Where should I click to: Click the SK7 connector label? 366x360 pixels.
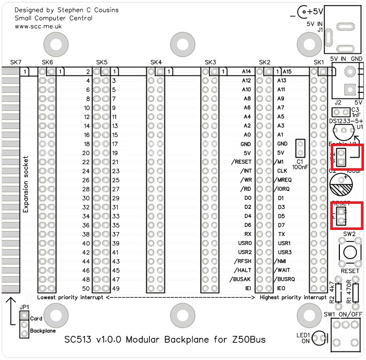16,62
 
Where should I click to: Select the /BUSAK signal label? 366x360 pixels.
240,279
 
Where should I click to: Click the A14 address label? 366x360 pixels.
246,72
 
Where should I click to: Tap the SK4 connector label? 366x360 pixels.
156,62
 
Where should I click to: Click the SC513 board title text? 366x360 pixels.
165,340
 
